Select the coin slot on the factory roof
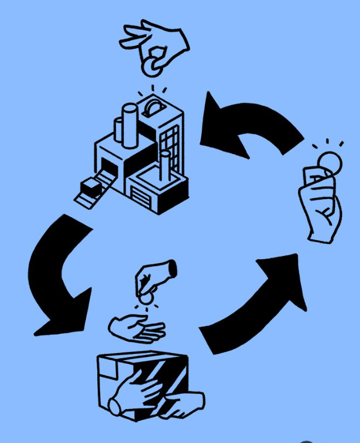(154, 107)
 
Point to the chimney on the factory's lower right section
(164, 164)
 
